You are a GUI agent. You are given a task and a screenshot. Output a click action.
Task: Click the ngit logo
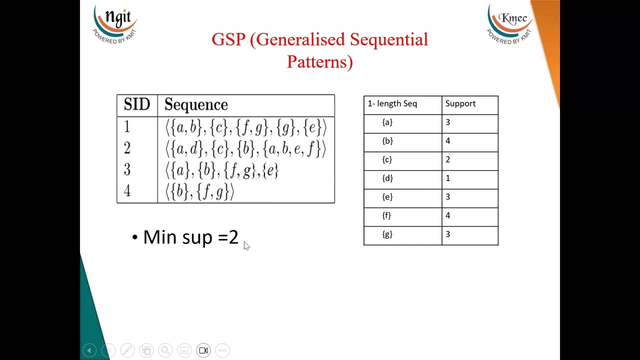[x=115, y=23]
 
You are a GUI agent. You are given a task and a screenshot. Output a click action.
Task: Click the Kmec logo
[x=510, y=23]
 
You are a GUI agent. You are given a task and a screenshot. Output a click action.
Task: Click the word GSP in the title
[x=228, y=39]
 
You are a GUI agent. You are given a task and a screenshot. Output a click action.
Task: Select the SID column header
[x=137, y=104]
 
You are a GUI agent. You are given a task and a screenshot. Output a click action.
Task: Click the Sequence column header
[x=196, y=104]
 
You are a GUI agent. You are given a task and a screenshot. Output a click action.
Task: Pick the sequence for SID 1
[x=246, y=128]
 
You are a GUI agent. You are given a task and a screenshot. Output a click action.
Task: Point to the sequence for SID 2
[x=246, y=149]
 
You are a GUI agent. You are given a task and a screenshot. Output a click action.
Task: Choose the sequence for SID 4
[x=200, y=191]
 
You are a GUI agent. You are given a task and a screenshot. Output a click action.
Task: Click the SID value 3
[x=127, y=170]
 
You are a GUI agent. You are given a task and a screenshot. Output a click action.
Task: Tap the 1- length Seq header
[x=392, y=103]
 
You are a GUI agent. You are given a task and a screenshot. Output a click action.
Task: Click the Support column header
[x=460, y=103]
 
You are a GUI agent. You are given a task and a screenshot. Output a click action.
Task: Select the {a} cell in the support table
[x=387, y=122]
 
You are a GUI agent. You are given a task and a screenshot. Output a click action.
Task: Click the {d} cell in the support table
[x=387, y=178]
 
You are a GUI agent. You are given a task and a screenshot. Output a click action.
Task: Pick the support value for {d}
[x=448, y=178]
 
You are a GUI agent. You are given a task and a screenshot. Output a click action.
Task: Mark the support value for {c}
[x=448, y=159]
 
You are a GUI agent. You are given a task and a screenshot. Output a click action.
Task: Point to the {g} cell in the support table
[x=387, y=234]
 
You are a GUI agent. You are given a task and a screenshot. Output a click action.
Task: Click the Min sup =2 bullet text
[x=190, y=237]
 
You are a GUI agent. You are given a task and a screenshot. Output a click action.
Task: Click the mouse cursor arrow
[x=246, y=245]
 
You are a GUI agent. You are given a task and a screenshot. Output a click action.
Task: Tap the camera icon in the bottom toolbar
[x=203, y=350]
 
